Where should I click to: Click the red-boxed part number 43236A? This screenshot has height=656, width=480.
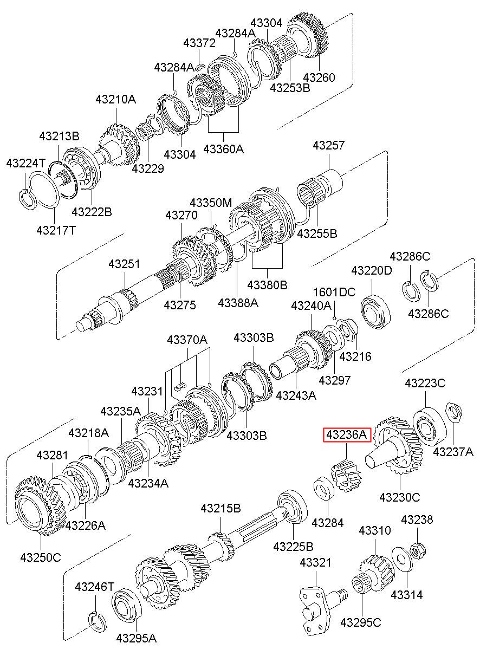point(347,434)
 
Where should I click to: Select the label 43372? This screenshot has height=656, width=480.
point(199,43)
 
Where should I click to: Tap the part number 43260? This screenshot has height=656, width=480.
point(319,77)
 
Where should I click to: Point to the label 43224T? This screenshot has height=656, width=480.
point(26,163)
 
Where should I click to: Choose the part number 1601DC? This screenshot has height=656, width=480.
point(334,292)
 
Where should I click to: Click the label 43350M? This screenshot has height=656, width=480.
point(211,203)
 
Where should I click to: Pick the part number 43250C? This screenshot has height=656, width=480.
point(41,557)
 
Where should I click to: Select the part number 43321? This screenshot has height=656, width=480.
point(316,562)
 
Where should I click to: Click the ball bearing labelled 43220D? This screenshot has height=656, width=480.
point(375,311)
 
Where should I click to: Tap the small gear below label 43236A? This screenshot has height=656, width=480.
point(346,476)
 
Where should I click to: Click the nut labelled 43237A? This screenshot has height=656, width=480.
point(453,413)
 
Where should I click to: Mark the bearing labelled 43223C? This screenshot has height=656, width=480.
point(430,426)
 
